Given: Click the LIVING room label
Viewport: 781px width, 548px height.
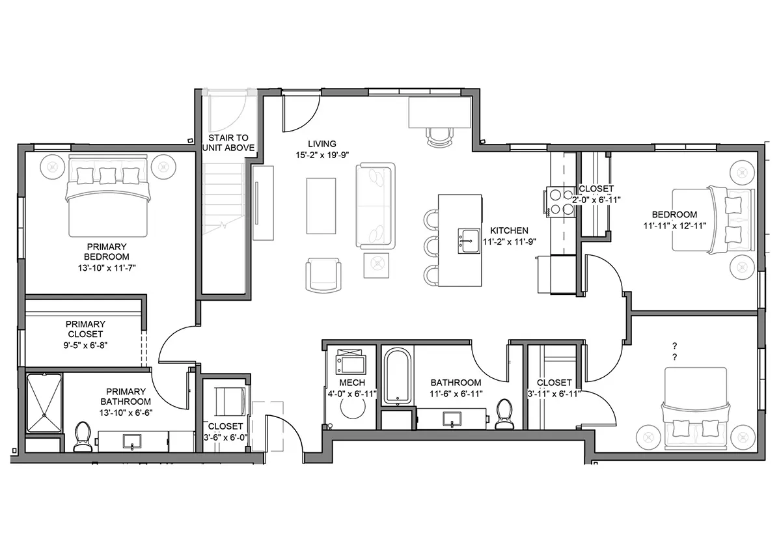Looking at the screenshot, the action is [322, 144].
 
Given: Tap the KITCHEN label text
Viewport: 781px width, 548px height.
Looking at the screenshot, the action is [509, 230].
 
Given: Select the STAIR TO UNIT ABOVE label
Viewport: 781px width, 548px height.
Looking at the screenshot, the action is [228, 143].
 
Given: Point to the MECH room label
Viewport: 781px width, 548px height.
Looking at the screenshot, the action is [352, 383].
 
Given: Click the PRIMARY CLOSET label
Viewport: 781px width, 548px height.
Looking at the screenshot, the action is [85, 329].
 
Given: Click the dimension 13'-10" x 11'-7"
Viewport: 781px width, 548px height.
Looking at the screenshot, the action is [107, 268].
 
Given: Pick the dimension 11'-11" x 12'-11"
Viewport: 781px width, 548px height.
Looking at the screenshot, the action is [675, 226].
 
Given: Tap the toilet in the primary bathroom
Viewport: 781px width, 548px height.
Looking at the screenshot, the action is [83, 437].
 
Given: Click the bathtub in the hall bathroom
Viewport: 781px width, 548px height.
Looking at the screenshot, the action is [397, 376].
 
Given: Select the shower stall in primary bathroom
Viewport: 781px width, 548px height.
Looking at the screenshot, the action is [44, 403].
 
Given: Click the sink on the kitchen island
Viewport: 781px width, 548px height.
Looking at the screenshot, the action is [469, 241].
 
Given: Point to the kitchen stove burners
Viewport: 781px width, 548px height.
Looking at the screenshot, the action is [561, 202].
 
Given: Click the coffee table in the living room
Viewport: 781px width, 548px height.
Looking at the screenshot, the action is [321, 206].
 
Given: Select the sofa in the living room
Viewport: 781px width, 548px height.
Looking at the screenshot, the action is [376, 206].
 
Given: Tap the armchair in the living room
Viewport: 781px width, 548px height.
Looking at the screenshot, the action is [323, 275].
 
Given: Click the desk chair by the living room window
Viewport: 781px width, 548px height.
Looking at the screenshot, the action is [441, 137].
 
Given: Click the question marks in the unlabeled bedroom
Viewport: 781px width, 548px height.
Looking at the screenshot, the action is [675, 351].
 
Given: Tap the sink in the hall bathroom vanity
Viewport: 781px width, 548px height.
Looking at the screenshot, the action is [452, 419].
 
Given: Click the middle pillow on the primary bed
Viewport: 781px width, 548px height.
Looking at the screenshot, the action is [108, 176].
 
